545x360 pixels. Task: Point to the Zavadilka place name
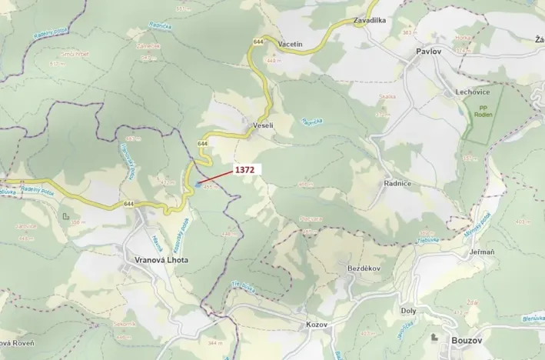click(370, 20)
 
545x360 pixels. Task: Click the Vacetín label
click(291, 45)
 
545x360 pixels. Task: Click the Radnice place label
click(397, 184)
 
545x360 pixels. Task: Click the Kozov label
click(316, 325)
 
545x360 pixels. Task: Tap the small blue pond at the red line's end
click(198, 183)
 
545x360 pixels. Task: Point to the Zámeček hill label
click(148, 46)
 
